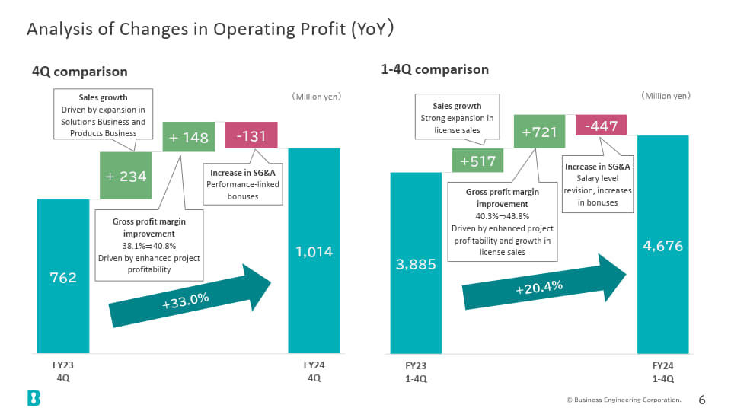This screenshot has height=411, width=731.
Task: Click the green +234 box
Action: pyautogui.click(x=126, y=176)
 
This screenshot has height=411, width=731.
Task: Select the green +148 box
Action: pyautogui.click(x=188, y=137)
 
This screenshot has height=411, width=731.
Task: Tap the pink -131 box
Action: pyautogui.click(x=251, y=135)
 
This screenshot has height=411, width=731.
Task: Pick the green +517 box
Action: pyautogui.click(x=477, y=161)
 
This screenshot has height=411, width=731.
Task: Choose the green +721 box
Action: pyautogui.click(x=539, y=132)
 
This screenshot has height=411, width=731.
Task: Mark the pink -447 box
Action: pyautogui.click(x=601, y=126)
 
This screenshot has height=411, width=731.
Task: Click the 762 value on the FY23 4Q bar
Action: pyautogui.click(x=63, y=278)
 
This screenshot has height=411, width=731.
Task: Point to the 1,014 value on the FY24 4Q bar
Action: pyautogui.click(x=314, y=252)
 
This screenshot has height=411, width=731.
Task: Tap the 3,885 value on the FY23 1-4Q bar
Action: pyautogui.click(x=416, y=265)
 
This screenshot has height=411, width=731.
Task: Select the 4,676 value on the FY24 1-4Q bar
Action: pyautogui.click(x=663, y=246)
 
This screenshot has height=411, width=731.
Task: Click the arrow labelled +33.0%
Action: pyautogui.click(x=190, y=296)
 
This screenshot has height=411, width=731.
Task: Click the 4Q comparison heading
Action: pyautogui.click(x=80, y=72)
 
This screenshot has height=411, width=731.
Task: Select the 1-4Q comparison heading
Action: pyautogui.click(x=435, y=69)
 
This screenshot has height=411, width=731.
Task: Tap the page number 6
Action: pyautogui.click(x=702, y=400)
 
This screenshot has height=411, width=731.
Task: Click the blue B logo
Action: pyautogui.click(x=34, y=398)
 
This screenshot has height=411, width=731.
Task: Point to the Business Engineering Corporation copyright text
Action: pyautogui.click(x=624, y=400)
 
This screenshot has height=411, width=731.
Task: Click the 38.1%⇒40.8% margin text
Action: pyautogui.click(x=149, y=246)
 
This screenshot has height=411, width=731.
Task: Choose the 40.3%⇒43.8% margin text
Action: pyautogui.click(x=502, y=216)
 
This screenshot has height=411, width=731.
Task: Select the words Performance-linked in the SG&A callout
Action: pyautogui.click(x=243, y=184)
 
